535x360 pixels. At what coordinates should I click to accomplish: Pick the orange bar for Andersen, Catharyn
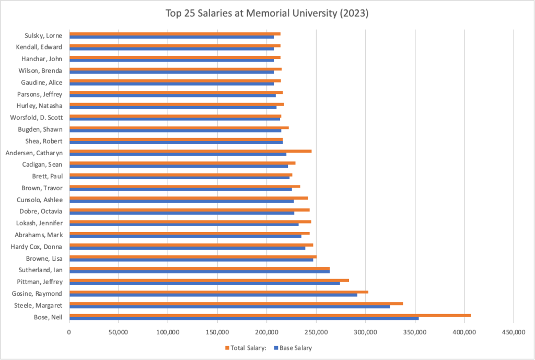(x=190, y=151)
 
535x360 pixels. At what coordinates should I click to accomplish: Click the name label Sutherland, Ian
(x=41, y=270)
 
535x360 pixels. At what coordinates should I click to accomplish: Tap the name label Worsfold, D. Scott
(x=37, y=118)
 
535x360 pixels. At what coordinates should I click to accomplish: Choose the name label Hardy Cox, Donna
(x=38, y=247)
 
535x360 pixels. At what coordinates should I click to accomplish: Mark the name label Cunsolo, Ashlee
(x=40, y=200)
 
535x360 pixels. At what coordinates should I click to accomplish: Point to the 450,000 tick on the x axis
(x=514, y=331)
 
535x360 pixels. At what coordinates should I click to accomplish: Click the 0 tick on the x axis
(x=69, y=331)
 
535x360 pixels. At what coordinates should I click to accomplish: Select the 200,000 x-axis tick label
(x=266, y=331)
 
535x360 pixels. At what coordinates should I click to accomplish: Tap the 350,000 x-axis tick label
(x=415, y=331)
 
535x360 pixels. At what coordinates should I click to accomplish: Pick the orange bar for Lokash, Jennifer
(x=190, y=221)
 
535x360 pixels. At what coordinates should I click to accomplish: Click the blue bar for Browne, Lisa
(x=191, y=260)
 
